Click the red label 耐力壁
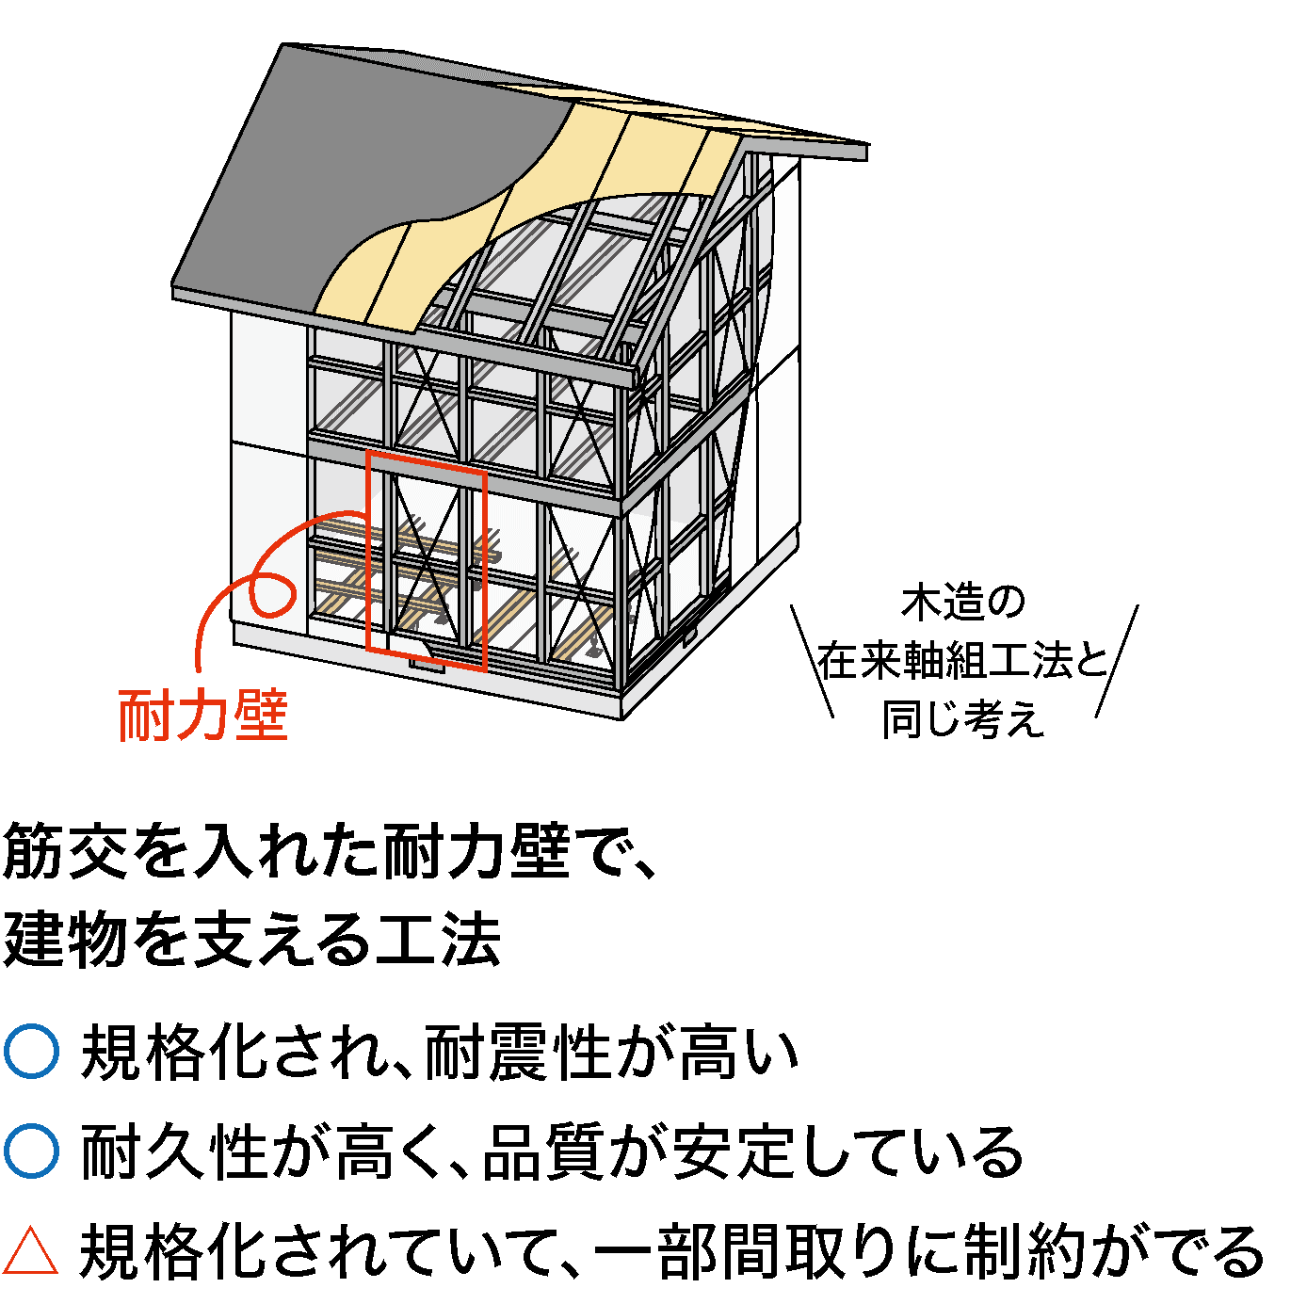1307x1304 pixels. pos(202,716)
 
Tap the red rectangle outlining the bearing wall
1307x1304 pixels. pos(369,555)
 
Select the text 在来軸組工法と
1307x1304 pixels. pos(962,662)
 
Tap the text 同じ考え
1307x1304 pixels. pos(962,720)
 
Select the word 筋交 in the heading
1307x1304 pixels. pos(67,852)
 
